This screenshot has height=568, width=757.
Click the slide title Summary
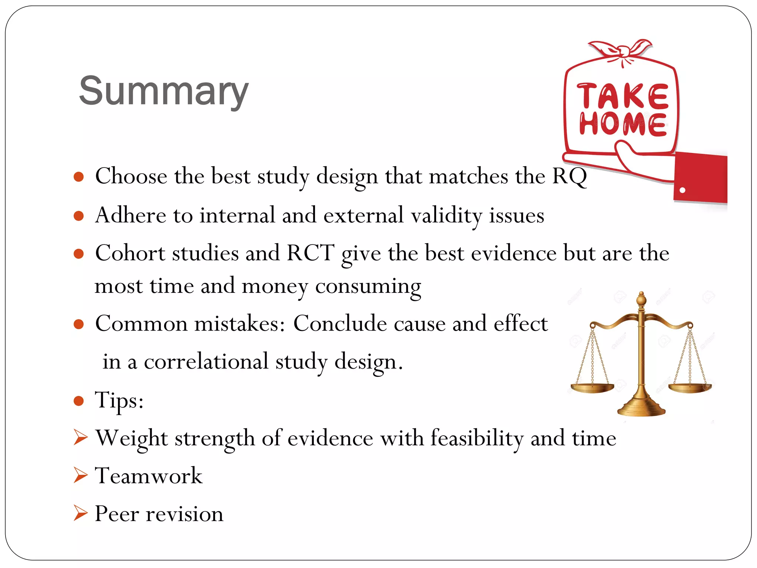(x=163, y=91)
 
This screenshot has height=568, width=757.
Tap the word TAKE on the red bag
(x=623, y=96)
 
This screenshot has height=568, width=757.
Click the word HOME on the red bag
(x=623, y=124)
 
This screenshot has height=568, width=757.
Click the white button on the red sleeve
(x=682, y=190)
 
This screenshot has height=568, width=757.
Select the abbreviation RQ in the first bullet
(x=569, y=176)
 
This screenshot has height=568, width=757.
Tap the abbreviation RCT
(x=310, y=253)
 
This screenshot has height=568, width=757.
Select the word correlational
(x=206, y=362)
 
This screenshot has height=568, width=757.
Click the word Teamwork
(x=149, y=476)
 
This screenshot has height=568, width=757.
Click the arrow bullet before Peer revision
(x=80, y=513)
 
